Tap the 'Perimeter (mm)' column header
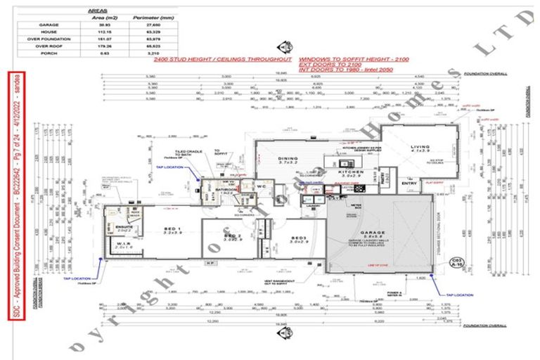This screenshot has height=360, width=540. (145, 18)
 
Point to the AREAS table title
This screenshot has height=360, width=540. (98, 11)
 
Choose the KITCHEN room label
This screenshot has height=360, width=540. (349, 171)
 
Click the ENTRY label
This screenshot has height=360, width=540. (408, 184)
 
